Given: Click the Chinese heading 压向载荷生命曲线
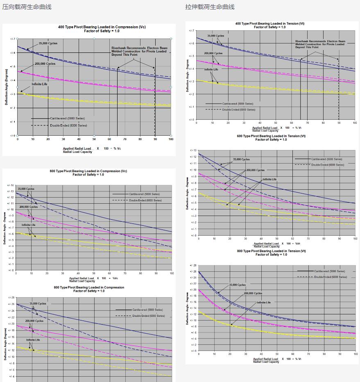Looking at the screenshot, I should click(x=27, y=7).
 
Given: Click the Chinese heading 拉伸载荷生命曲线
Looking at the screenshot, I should click(x=210, y=7).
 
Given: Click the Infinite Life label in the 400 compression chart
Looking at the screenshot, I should click(x=39, y=84).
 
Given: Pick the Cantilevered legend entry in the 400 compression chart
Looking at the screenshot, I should click(x=67, y=118).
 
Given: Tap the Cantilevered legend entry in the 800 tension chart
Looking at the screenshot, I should click(x=329, y=271).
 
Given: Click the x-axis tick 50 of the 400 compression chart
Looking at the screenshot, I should click(x=94, y=139).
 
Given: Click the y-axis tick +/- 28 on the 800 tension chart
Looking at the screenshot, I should click(x=193, y=266).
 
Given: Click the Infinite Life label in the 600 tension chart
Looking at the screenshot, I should click(x=269, y=180).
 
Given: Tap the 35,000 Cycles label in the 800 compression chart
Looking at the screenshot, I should click(x=38, y=304).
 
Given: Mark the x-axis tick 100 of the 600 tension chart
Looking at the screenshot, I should click(x=355, y=239).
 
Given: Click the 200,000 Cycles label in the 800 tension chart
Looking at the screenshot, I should click(x=253, y=293).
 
